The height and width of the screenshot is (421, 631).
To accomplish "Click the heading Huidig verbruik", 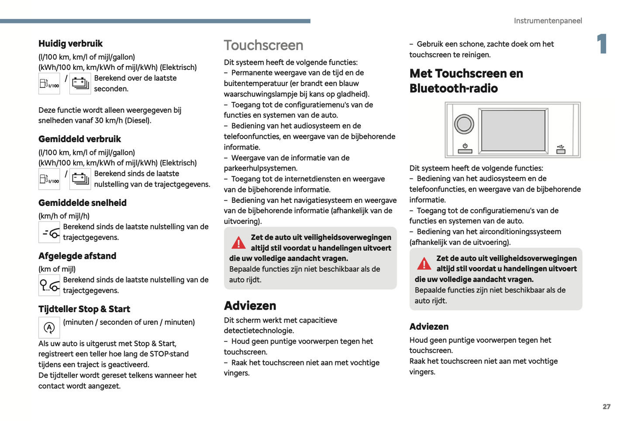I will [70, 44].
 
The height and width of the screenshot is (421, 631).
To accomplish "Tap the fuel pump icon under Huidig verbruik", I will [49, 84].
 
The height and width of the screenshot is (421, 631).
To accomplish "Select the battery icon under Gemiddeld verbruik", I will [80, 179].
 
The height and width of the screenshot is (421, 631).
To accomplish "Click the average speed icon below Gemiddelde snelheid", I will [49, 233].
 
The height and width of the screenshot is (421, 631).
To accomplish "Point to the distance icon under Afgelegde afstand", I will [49, 285].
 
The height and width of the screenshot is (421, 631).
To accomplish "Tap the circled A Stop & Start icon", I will [49, 327].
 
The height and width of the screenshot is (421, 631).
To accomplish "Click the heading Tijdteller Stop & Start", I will [84, 309].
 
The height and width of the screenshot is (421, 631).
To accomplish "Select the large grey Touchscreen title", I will [263, 45].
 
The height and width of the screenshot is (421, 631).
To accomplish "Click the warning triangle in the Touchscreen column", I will [238, 243].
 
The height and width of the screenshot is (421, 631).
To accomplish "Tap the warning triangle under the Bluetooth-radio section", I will [424, 264].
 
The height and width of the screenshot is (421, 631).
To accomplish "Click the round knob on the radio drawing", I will [464, 124].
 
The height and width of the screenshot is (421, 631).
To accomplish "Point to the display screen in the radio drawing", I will [513, 130].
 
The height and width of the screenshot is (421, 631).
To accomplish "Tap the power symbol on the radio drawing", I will [465, 146].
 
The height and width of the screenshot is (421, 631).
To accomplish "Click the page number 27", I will [606, 407].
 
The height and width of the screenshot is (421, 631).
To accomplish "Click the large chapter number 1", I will [602, 44].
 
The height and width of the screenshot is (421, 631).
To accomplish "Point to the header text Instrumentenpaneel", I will [548, 21].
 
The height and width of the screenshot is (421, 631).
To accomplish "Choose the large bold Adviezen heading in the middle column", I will [250, 306].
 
